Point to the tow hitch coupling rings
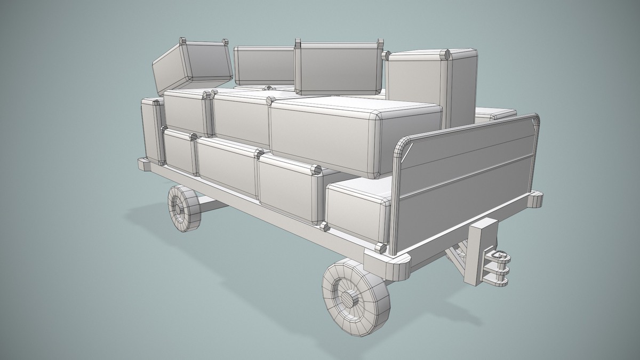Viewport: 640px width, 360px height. click(499, 266)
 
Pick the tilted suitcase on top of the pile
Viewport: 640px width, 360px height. click(193, 66)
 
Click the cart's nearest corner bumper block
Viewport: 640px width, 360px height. click(388, 261)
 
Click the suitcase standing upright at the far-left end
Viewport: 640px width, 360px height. click(151, 129)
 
